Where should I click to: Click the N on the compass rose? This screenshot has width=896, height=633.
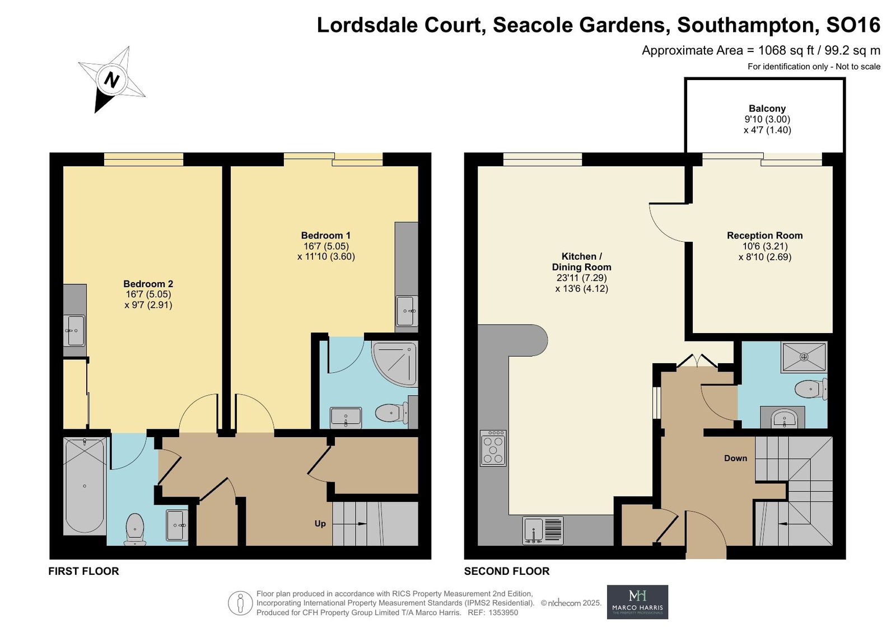coord(111,81)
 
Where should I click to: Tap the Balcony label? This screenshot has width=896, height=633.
coord(767,109)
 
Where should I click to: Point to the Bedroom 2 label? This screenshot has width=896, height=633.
coord(148,284)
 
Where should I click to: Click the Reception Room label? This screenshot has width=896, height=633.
coord(764,236)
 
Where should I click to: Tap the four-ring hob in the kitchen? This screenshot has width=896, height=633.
coord(493,448)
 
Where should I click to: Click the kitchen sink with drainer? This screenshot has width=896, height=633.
coord(543,530)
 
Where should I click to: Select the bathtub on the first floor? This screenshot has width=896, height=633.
coord(85,486)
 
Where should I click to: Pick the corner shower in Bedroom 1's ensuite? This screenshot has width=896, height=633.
coord(394,364)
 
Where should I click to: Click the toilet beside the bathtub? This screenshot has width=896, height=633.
coord(135,529)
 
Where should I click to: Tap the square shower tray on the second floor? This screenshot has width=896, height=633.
coord(804,357)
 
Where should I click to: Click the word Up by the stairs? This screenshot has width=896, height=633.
coord(320,523)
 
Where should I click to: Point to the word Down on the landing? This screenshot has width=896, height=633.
coord(735,458)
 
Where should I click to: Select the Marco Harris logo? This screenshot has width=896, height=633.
coord(637,602)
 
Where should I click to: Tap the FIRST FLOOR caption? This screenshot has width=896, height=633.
coord(83,571)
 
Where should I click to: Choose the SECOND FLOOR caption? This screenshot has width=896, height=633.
coord(506,571)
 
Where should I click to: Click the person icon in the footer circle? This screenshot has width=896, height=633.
coord(240,603)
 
